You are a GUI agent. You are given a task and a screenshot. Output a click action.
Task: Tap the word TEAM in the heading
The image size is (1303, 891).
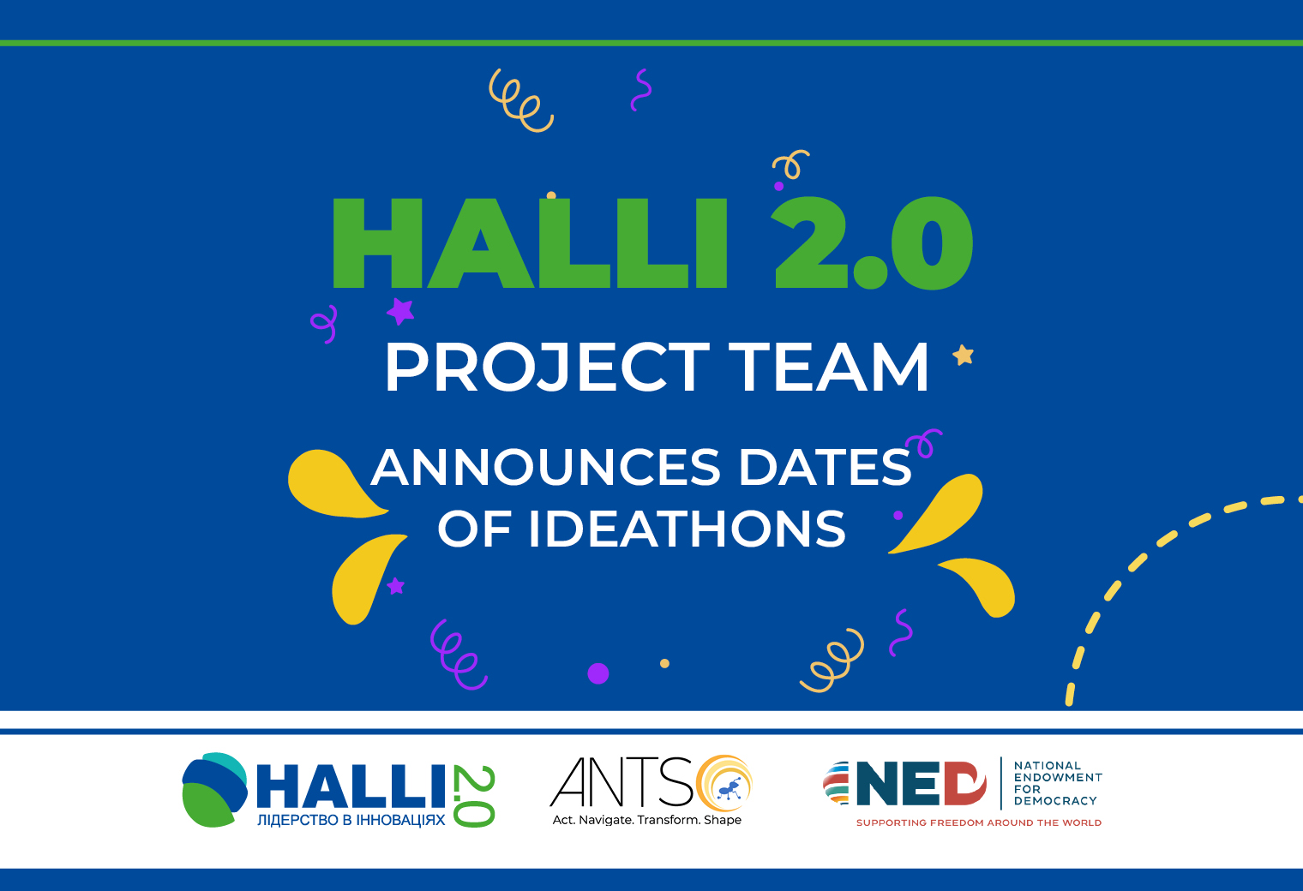pos(828,368)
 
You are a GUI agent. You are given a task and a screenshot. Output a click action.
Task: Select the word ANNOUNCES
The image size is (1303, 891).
pos(546,466)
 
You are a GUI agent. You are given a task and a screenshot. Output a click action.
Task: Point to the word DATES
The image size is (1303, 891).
pos(826,466)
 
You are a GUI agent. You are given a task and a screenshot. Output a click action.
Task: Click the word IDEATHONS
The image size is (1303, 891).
pos(687,529)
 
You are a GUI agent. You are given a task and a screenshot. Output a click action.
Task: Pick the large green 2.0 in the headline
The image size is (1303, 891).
pos(872,242)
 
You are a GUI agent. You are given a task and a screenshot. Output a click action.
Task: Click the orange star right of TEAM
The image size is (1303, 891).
pos(963,356)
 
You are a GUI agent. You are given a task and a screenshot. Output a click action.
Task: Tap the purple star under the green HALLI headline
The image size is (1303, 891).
pos(401,311)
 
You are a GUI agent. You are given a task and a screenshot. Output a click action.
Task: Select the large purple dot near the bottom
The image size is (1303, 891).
pos(598,673)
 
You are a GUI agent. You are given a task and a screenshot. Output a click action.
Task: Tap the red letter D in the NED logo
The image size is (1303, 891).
pos(965,783)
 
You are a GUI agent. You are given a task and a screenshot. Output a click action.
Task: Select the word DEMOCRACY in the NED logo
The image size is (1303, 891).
pos(1055,801)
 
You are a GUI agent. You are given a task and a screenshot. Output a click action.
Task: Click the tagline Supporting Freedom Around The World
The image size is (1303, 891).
pos(979,822)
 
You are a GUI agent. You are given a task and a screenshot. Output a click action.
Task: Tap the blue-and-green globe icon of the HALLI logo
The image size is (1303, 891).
pos(214,789)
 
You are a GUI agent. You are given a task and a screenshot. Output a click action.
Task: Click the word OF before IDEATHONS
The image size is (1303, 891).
pos(475,529)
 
